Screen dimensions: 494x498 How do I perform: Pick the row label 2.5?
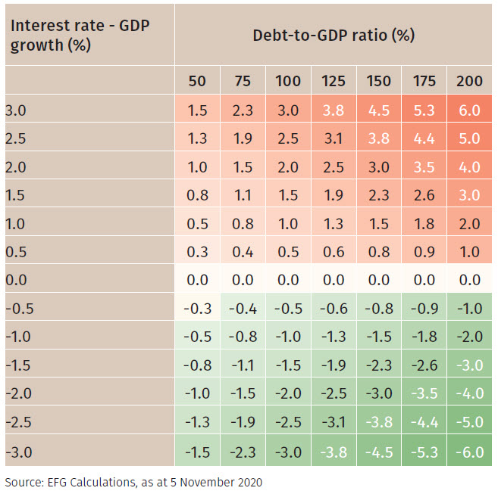[15, 138]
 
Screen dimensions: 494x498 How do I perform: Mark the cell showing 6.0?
[469, 110]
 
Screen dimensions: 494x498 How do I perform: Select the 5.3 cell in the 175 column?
[424, 110]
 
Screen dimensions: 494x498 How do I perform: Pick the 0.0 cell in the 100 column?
[288, 279]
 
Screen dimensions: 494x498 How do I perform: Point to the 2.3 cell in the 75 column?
[243, 110]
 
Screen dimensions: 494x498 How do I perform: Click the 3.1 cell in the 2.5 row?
[334, 138]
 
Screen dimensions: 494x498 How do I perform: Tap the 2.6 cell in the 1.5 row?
[424, 195]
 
